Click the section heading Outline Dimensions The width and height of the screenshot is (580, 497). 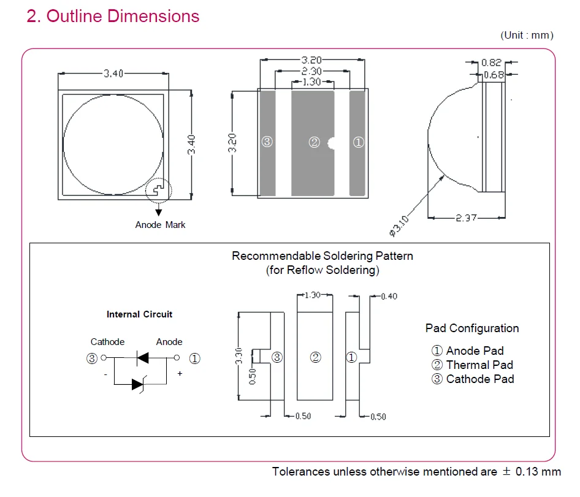pyautogui.click(x=123, y=17)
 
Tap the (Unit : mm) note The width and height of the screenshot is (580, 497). pyautogui.click(x=527, y=35)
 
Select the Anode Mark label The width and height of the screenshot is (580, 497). pyautogui.click(x=160, y=225)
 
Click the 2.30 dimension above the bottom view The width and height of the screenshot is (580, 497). pyautogui.click(x=311, y=71)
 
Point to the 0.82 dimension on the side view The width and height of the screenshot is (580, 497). pyautogui.click(x=491, y=63)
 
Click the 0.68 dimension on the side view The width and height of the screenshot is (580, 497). pyautogui.click(x=494, y=75)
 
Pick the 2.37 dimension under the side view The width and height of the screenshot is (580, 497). pyautogui.click(x=466, y=218)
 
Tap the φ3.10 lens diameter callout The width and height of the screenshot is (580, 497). pyautogui.click(x=399, y=226)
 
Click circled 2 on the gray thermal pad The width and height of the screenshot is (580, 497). pyautogui.click(x=314, y=142)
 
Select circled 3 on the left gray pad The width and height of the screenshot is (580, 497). pyautogui.click(x=267, y=142)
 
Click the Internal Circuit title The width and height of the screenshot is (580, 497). pyautogui.click(x=139, y=314)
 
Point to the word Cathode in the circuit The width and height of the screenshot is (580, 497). pyautogui.click(x=108, y=342)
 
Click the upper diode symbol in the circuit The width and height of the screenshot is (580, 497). pyautogui.click(x=143, y=358)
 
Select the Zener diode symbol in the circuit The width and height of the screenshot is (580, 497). pyautogui.click(x=139, y=385)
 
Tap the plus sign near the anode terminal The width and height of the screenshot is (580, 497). pyautogui.click(x=180, y=373)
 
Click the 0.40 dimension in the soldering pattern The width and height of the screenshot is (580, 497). pyautogui.click(x=389, y=296)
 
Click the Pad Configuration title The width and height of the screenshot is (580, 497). pyautogui.click(x=472, y=328)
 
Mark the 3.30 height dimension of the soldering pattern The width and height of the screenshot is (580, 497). pyautogui.click(x=238, y=355)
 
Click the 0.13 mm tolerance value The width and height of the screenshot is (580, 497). pyautogui.click(x=538, y=471)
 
